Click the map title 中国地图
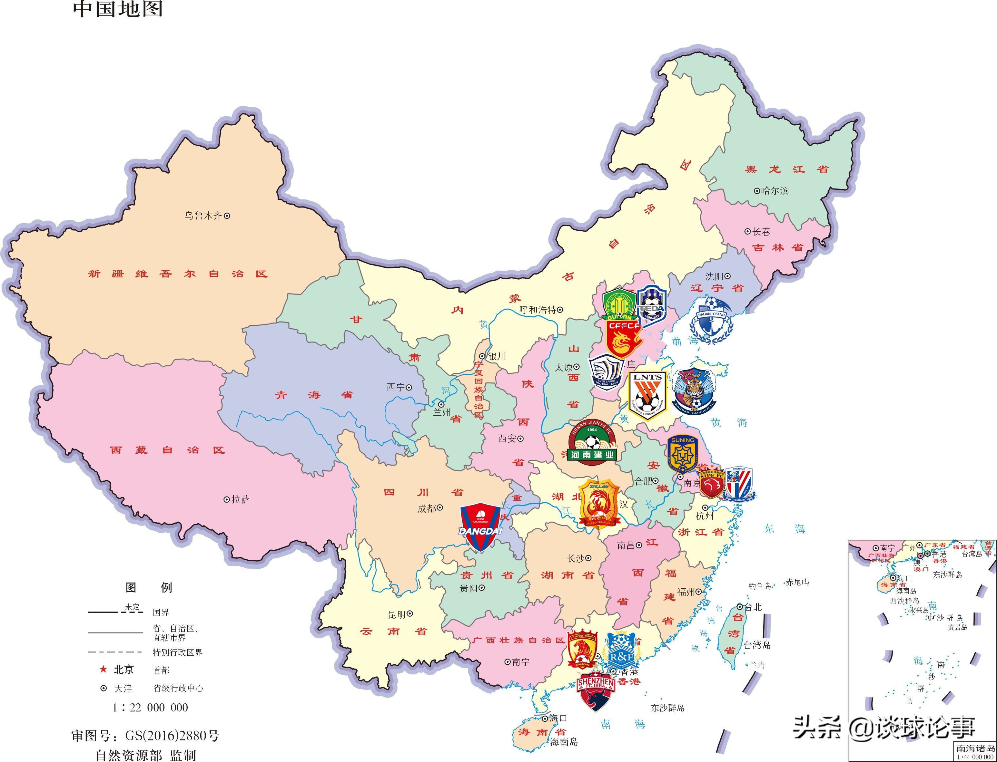click(x=118, y=9)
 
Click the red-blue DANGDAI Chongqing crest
click(x=480, y=526)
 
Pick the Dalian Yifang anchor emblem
click(x=711, y=320)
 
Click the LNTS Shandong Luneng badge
click(x=647, y=395)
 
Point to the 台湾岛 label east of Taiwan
click(x=756, y=644)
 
